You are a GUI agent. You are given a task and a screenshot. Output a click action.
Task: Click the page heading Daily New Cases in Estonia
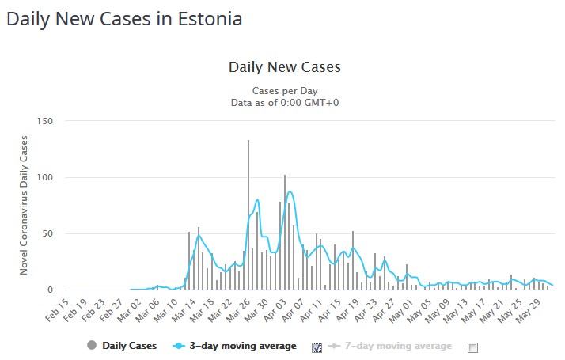point(124,17)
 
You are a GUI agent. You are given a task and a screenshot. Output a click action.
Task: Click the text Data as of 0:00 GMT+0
point(284,101)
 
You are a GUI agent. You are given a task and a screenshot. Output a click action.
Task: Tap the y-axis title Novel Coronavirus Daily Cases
point(25,205)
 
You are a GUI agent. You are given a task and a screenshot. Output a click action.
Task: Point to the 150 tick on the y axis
point(45,121)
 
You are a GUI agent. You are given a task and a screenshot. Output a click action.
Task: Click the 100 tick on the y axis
point(45,177)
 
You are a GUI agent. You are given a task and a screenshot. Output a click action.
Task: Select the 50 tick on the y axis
point(47,234)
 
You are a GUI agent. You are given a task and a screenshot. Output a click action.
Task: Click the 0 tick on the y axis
point(51,290)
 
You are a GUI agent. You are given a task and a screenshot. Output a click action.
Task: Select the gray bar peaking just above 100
point(285,233)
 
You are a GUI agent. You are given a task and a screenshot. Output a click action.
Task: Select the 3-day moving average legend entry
point(237,346)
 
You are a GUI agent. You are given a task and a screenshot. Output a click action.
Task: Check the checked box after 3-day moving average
point(317,347)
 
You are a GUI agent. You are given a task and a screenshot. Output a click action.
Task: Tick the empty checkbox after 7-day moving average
point(472,347)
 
